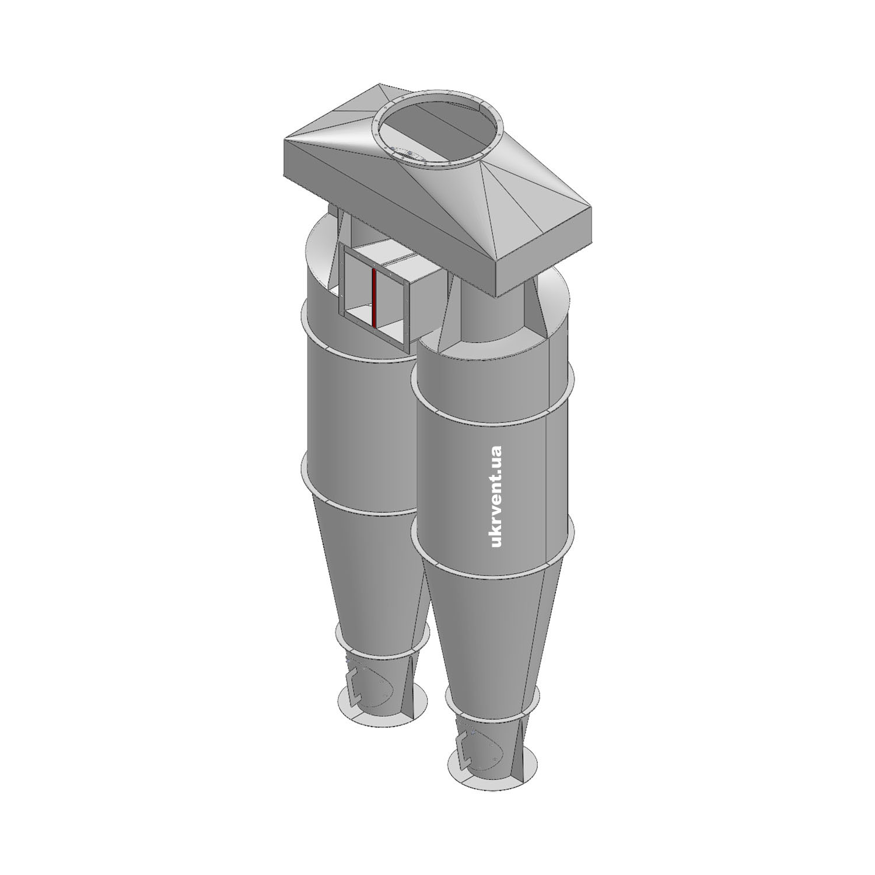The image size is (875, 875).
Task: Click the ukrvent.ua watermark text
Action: click(497, 497)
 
